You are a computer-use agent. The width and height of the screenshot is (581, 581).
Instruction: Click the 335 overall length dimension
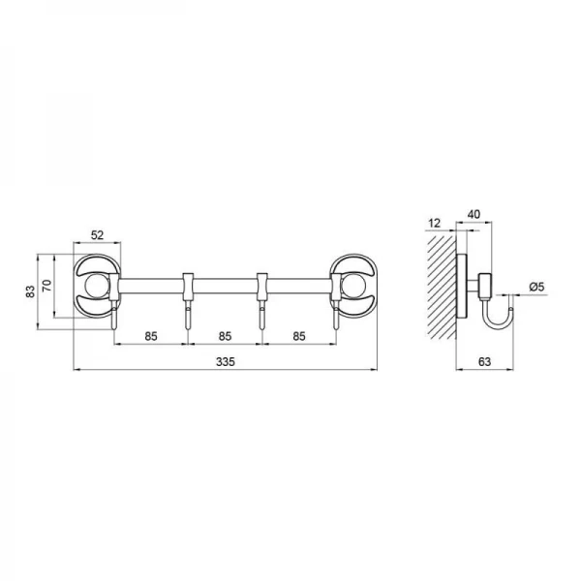point(226,361)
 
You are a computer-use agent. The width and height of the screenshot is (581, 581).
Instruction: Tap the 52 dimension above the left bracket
point(97,235)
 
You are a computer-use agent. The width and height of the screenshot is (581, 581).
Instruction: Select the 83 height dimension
point(30,291)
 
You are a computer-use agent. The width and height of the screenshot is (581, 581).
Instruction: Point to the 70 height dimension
point(47,286)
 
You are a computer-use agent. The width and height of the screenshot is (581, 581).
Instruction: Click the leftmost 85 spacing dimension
point(151,336)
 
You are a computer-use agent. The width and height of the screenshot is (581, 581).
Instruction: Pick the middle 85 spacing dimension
point(225,336)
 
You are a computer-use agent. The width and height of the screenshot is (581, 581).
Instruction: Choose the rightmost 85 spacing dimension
point(299,336)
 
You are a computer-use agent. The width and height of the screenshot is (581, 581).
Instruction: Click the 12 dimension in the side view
point(434,223)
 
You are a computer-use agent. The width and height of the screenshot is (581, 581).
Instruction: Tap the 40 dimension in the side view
point(474,214)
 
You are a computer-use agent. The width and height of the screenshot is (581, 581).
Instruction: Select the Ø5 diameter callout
point(536,287)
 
